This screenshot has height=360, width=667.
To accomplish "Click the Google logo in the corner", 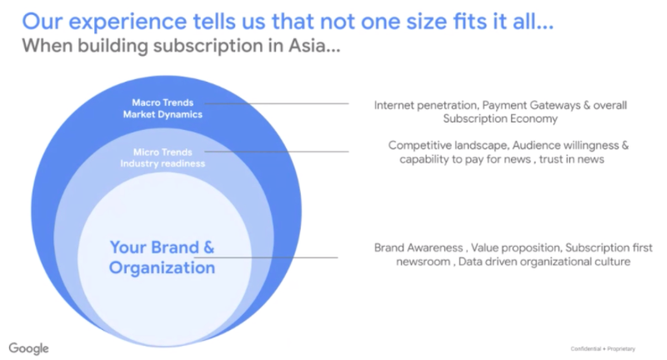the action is (28, 348).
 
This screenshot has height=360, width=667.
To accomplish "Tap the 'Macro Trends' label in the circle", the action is (163, 102).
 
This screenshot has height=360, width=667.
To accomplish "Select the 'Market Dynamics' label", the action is (163, 114).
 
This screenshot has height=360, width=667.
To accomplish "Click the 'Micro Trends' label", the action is (163, 152).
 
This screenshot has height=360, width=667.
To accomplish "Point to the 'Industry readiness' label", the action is (163, 163).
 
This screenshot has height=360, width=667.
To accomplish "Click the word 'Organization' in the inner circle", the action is (162, 267).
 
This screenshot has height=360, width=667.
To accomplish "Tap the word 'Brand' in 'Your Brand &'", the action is (175, 247).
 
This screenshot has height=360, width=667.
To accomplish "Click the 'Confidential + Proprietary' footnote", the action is (603, 349).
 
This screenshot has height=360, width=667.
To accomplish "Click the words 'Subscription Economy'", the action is (500, 118).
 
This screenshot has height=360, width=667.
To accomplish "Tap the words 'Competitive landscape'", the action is (449, 145).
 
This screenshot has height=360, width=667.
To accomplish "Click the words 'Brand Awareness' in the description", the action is (419, 247).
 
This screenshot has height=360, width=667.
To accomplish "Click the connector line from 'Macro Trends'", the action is (277, 103).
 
